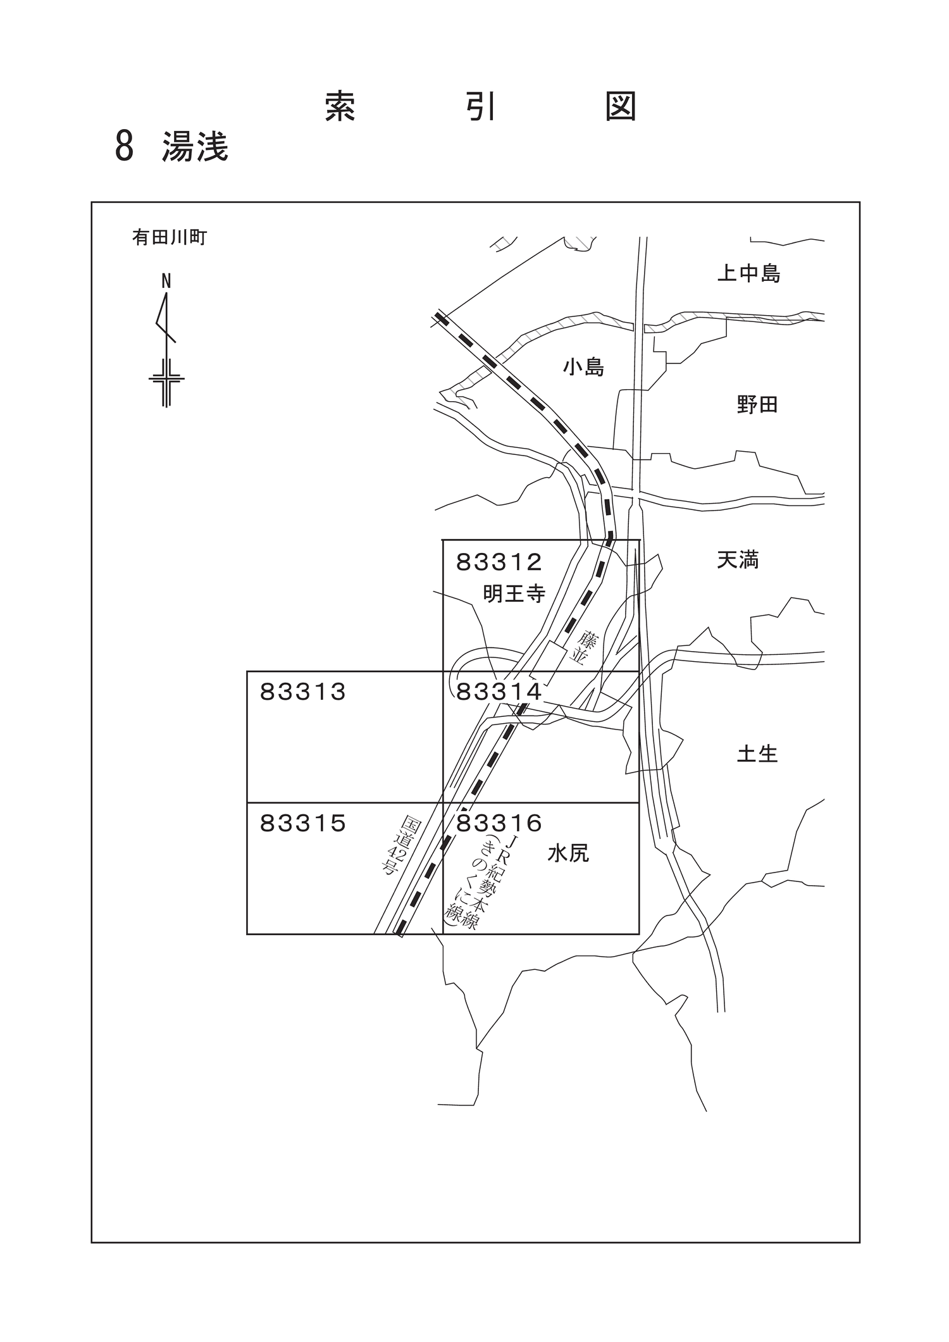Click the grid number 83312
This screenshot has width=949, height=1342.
[x=499, y=561]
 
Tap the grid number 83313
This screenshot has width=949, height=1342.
[x=303, y=692]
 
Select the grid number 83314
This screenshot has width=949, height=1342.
[x=499, y=692]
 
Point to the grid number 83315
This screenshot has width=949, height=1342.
[x=303, y=823]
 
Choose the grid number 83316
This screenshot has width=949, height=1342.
[x=499, y=823]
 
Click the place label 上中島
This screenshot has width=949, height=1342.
[x=748, y=273]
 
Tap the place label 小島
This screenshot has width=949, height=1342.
[x=583, y=367]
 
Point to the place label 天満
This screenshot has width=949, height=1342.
[x=738, y=559]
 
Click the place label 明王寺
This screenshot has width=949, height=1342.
[x=514, y=593]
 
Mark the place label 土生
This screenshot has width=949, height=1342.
[x=757, y=754]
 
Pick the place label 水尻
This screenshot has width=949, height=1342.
[x=568, y=854]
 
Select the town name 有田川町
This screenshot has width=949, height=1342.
[x=170, y=237]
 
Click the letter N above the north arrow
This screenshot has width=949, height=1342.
[x=166, y=282]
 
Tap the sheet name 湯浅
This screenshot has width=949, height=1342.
[x=195, y=147]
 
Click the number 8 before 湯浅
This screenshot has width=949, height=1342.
[x=125, y=147]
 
